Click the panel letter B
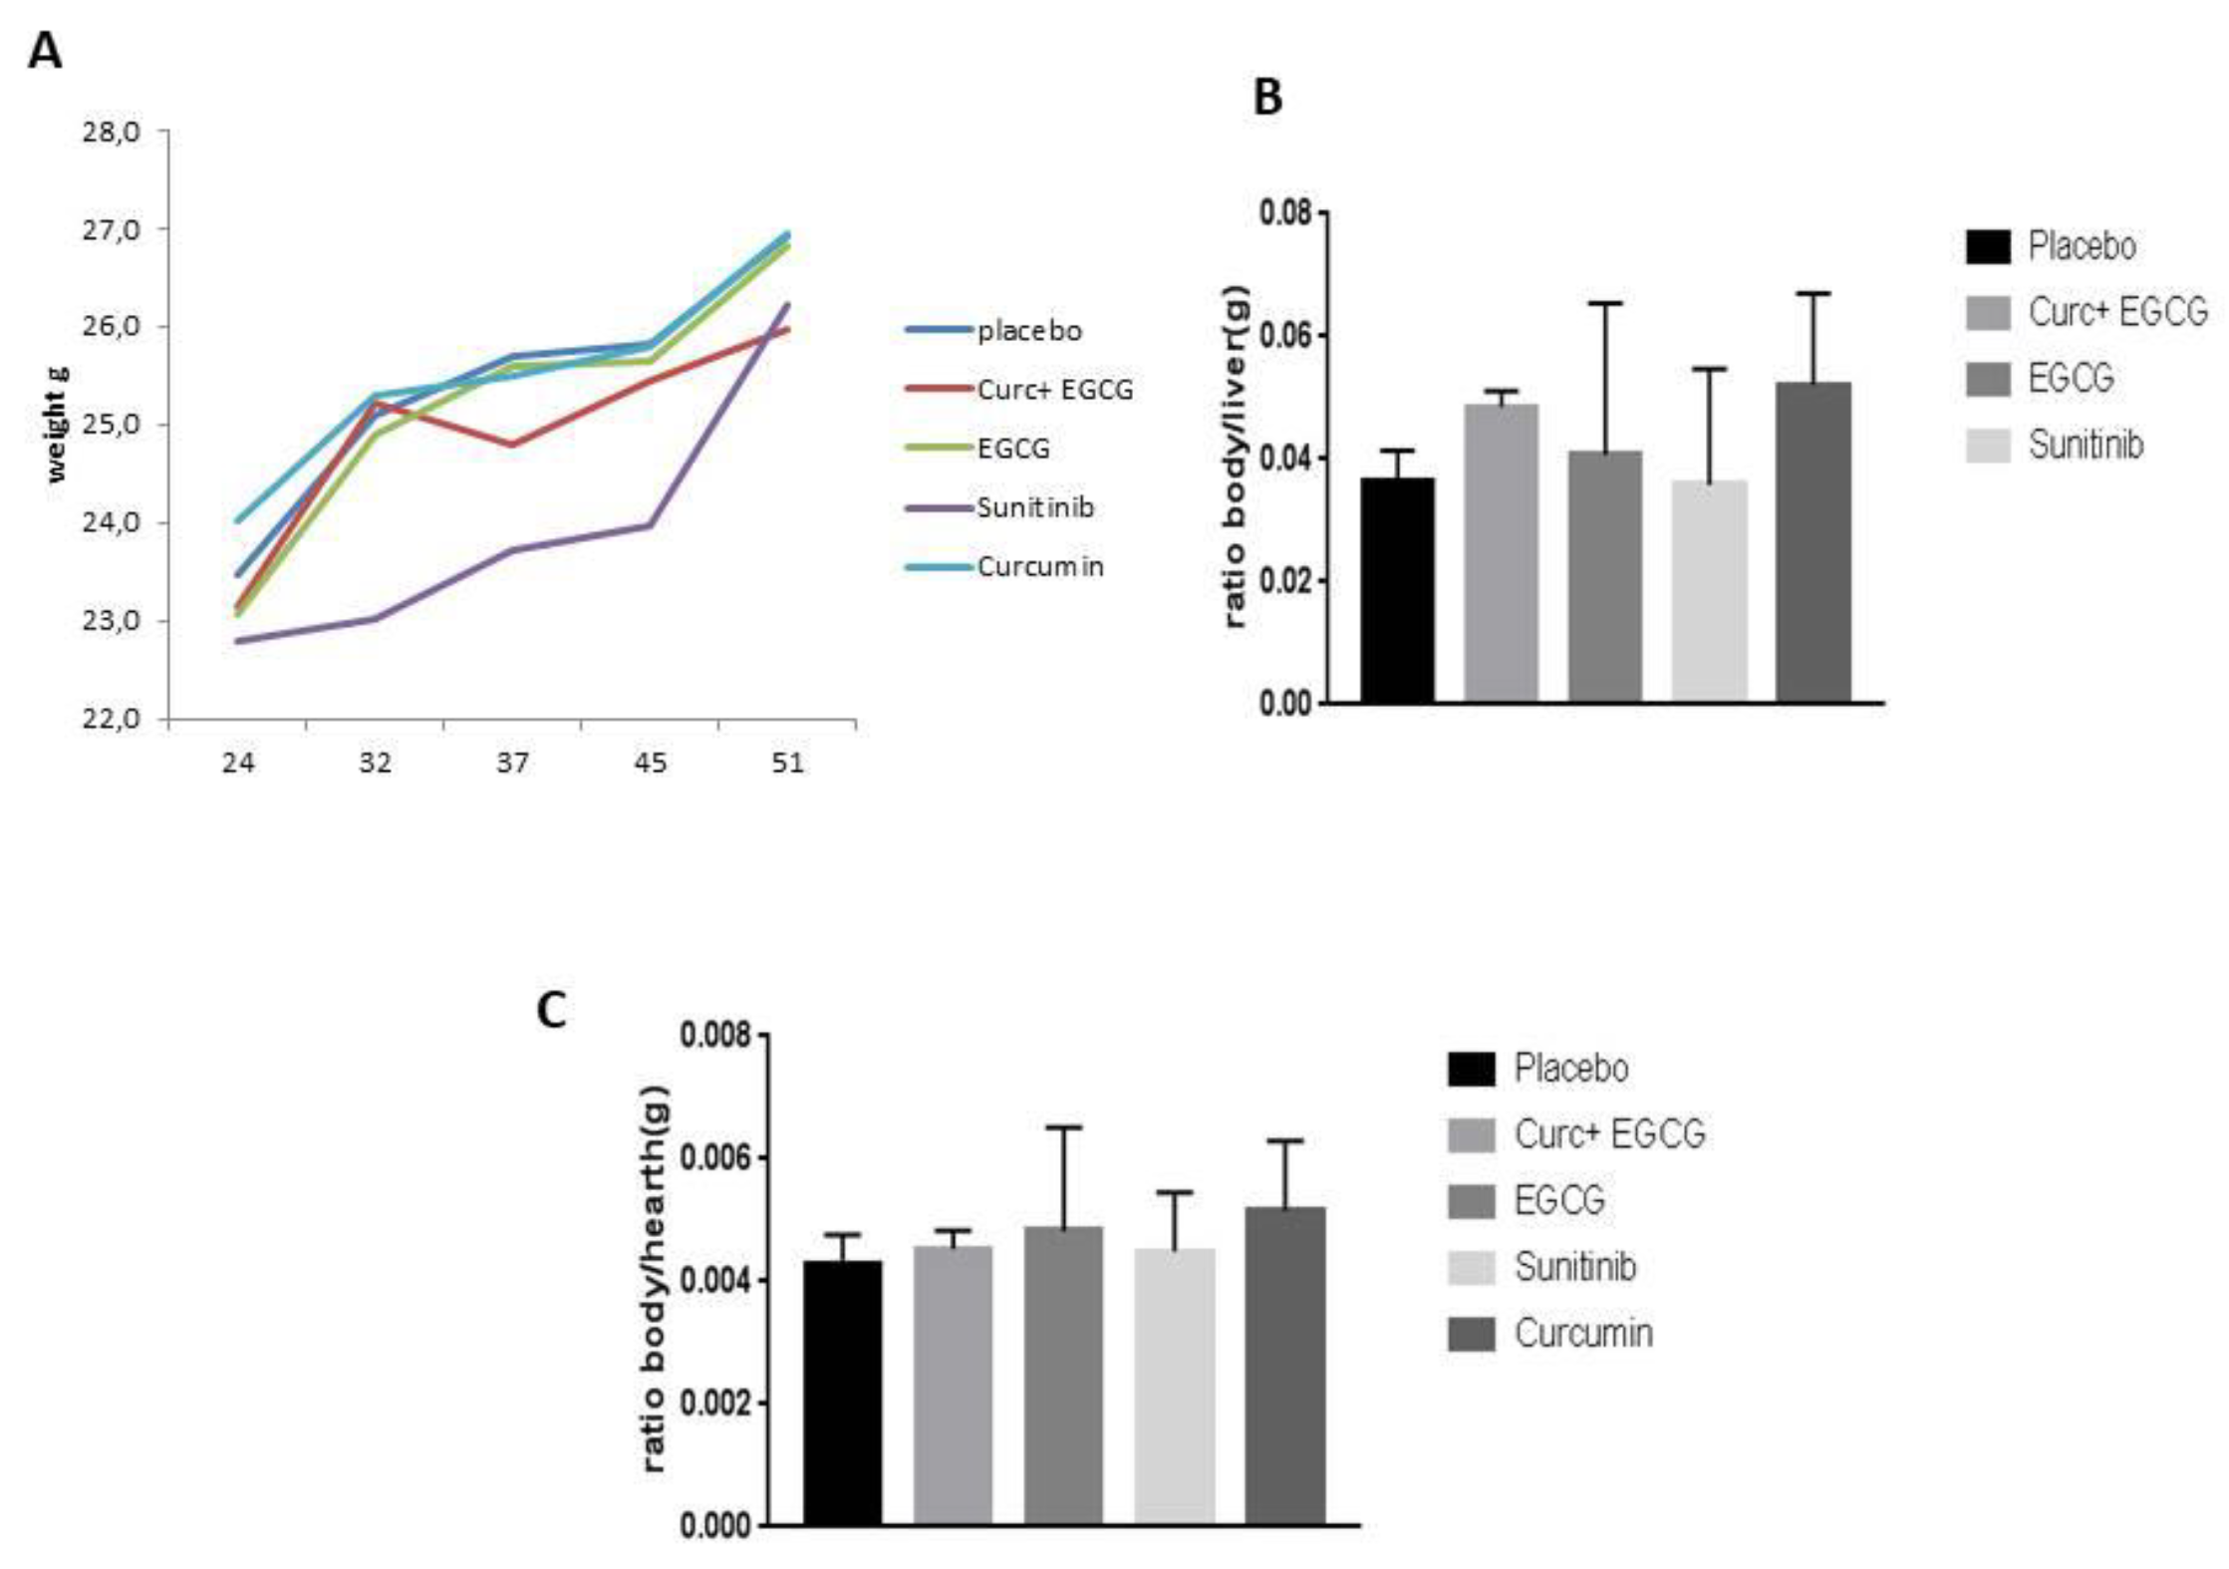1266,98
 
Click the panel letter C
551,1010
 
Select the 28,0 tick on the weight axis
112,132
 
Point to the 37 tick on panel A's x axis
512,763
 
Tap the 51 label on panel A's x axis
787,763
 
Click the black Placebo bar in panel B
1397,590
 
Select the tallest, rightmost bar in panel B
1812,543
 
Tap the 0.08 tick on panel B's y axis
1285,213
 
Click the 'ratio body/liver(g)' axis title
1236,457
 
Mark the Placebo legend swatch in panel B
1988,246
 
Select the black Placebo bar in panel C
842,1393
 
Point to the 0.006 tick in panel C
713,1158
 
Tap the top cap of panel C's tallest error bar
1063,1127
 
